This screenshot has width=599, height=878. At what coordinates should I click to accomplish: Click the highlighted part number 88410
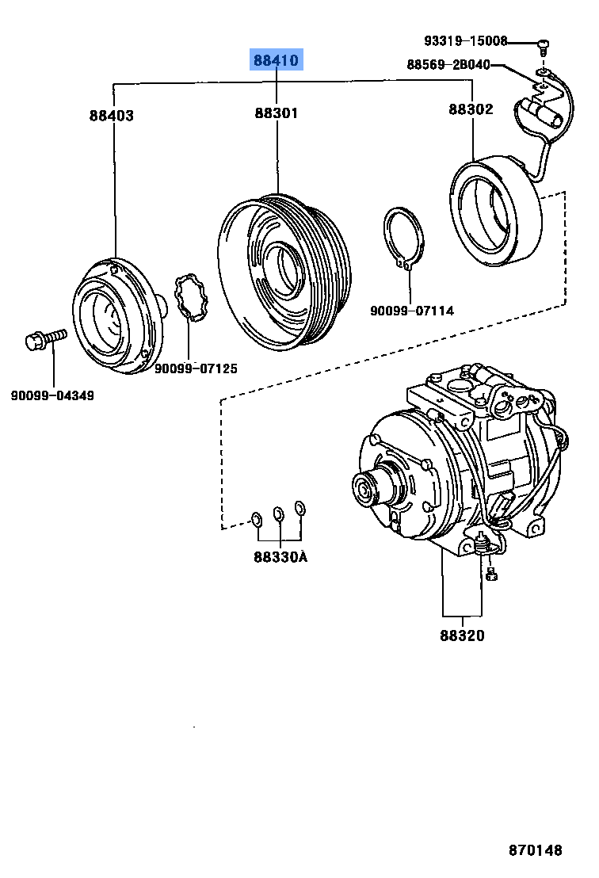point(277,60)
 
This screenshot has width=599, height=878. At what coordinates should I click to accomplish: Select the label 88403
point(111,116)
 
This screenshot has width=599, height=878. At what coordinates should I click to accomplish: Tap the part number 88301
point(277,113)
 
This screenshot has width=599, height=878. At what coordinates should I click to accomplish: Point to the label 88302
point(471,109)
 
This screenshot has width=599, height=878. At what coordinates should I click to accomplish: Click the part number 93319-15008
point(464,41)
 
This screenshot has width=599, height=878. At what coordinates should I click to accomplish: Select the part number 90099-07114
point(412,311)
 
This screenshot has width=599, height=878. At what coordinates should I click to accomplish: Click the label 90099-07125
point(196,368)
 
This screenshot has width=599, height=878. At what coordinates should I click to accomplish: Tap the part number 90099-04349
point(52,395)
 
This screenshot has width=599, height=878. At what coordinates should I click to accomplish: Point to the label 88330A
point(280,557)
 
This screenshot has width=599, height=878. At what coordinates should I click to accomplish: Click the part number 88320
point(463,636)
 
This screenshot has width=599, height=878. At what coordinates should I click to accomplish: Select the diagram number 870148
point(535,850)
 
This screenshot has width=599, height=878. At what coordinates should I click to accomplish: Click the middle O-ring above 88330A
point(279,514)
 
